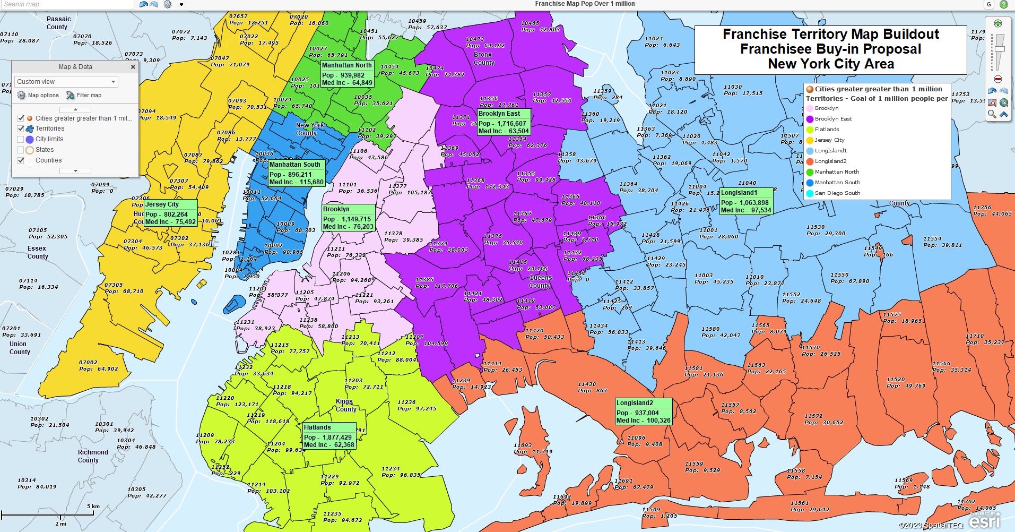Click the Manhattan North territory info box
pyautogui.click(x=347, y=74)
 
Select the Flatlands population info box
pyautogui.click(x=329, y=436)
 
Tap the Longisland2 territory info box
pyautogui.click(x=643, y=411)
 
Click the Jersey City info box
pyautogui.click(x=170, y=213)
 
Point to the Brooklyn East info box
pyautogui.click(x=503, y=122)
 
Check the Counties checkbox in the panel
pyautogui.click(x=21, y=160)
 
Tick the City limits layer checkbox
pyautogui.click(x=21, y=139)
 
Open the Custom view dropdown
pyautogui.click(x=66, y=82)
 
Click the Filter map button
pyautogui.click(x=84, y=96)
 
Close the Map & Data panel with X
pyautogui.click(x=133, y=67)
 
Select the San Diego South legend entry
pyautogui.click(x=837, y=193)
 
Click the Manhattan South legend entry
pyautogui.click(x=837, y=183)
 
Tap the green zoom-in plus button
pyautogui.click(x=997, y=23)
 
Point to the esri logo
pyautogui.click(x=984, y=521)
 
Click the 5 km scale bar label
pyautogui.click(x=93, y=506)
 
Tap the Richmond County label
pyautogui.click(x=93, y=456)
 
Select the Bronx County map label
pyautogui.click(x=483, y=58)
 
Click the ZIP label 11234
pyautogui.click(x=391, y=468)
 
